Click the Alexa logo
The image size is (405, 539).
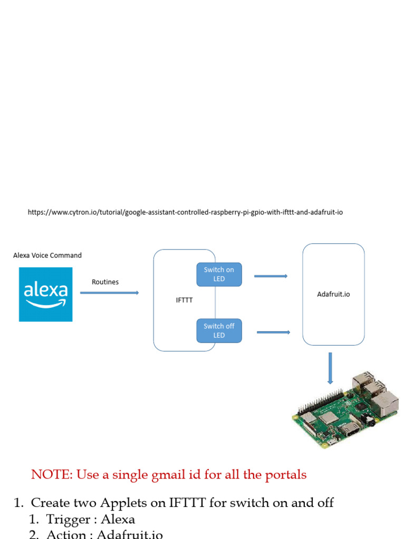click(x=45, y=294)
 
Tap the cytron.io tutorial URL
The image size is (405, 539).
click(x=185, y=212)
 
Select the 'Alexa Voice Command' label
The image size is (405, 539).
click(x=47, y=255)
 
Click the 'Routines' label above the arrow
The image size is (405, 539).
click(x=105, y=282)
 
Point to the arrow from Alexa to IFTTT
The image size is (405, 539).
click(x=109, y=293)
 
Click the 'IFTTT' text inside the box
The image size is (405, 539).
click(x=184, y=301)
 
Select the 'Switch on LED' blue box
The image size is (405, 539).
click(x=219, y=274)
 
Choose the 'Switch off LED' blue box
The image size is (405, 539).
click(x=219, y=331)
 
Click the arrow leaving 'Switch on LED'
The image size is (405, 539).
click(x=271, y=276)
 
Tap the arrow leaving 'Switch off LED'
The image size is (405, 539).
click(x=273, y=332)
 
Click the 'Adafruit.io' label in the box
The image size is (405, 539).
click(x=333, y=294)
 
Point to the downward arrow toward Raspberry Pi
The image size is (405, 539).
click(x=331, y=368)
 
